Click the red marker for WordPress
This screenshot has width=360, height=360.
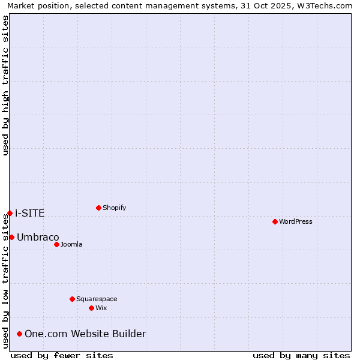point(275,221)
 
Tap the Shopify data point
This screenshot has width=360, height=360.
point(98,208)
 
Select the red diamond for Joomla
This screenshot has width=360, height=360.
point(56,244)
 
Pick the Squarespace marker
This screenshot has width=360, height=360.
point(72,299)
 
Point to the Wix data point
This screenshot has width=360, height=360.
point(91,308)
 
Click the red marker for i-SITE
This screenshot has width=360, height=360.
point(10,213)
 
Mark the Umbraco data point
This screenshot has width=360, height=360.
point(11,237)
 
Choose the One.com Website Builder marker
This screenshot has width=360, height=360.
point(20,334)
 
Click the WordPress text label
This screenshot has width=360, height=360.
point(296,221)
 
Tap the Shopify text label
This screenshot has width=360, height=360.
point(115,208)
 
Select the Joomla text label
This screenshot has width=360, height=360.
point(71,244)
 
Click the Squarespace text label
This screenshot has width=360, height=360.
point(97,299)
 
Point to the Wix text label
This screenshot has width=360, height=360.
point(101,308)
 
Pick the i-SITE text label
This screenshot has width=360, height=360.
point(30,213)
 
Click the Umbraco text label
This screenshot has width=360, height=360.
point(38,237)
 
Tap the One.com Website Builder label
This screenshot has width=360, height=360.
point(85,334)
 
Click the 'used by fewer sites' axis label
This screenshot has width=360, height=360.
point(62,355)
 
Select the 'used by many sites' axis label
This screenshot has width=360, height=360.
point(301,355)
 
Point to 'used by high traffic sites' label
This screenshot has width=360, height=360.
point(5,85)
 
